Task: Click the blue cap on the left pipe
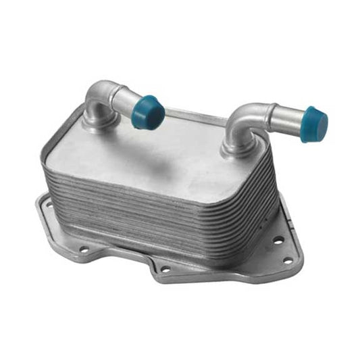(x=147, y=113)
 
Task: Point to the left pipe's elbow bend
(x=100, y=94)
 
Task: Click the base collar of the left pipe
(x=97, y=122)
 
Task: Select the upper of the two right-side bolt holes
(x=277, y=239)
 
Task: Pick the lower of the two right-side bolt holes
(x=287, y=260)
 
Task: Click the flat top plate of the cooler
(x=162, y=155)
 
